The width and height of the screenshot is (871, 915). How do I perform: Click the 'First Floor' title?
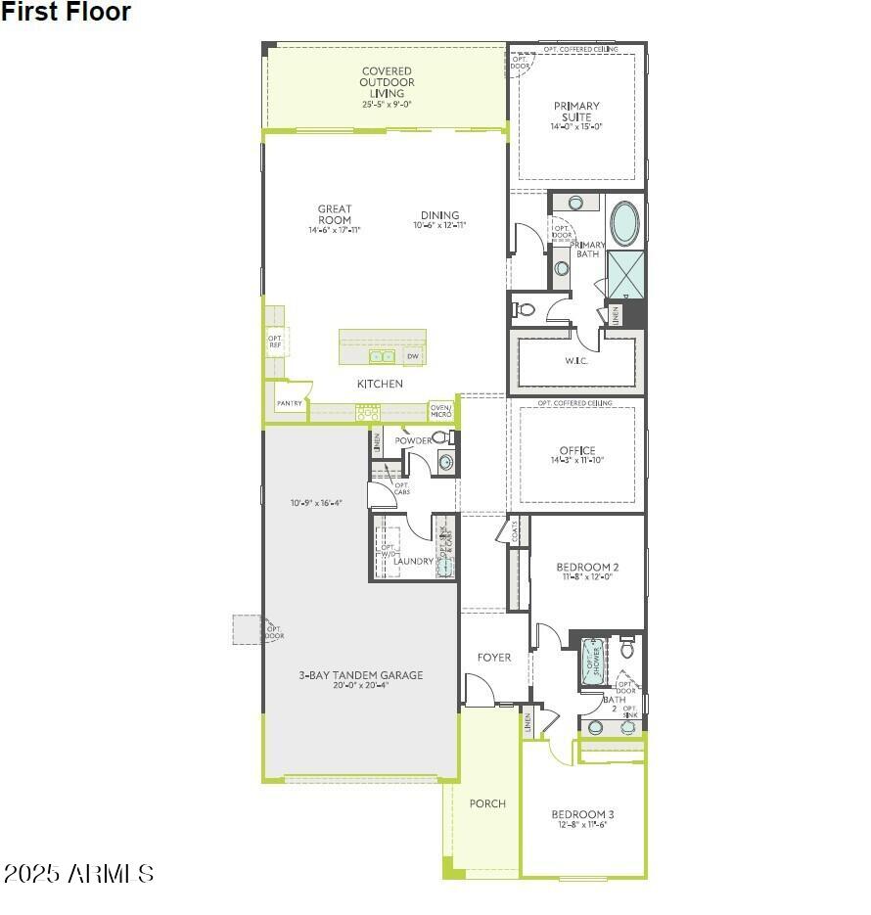66,13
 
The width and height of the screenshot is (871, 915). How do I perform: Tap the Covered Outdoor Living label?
387,86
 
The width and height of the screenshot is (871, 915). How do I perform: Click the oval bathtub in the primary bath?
623,223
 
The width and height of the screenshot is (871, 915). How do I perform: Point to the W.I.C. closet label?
575,360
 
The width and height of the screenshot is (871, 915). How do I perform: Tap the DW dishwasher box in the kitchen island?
413,356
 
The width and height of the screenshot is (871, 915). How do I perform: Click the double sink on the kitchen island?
382,357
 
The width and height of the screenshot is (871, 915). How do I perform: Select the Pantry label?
289,403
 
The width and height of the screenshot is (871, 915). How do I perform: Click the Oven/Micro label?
440,411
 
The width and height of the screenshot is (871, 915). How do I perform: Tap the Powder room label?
413,441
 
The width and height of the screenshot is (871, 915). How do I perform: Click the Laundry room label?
413,561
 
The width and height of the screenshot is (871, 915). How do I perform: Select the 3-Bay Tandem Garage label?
361,679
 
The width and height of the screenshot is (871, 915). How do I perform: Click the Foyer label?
494,658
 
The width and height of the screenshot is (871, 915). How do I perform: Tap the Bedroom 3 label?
582,818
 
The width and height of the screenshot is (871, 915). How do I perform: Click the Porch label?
487,803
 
